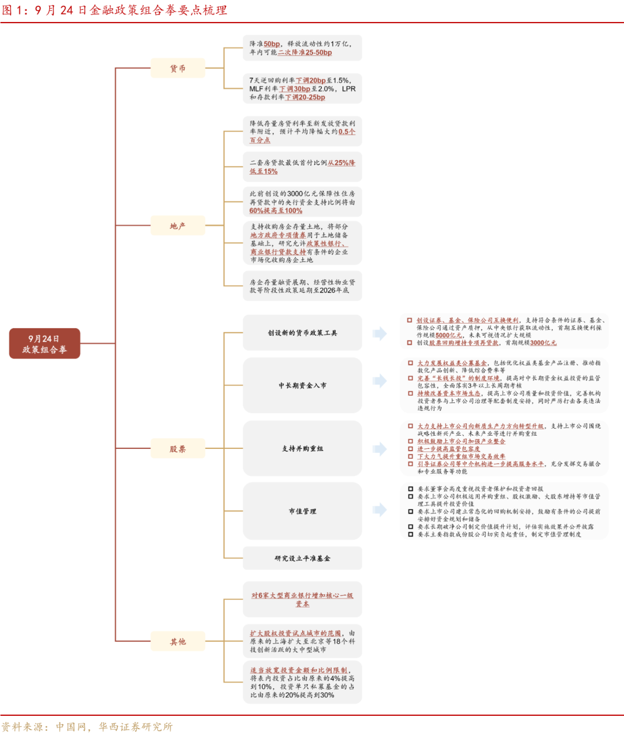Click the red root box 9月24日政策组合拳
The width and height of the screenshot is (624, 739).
pos(44,344)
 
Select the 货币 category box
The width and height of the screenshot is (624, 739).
pos(178,68)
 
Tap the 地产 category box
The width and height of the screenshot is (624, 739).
pos(178,225)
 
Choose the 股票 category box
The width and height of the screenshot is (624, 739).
pos(178,448)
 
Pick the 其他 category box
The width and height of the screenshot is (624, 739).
pos(178,641)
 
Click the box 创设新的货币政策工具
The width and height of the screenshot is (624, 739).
pos(302,333)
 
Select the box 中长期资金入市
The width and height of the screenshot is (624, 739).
pos(302,385)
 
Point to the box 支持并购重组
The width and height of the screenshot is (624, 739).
pos(302,448)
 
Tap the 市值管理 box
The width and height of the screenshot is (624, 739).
pos(302,511)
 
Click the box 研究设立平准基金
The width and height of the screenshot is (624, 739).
pos(302,558)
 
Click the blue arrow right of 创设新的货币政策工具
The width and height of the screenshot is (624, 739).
pos(380,333)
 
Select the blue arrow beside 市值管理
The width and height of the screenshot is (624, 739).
pos(380,510)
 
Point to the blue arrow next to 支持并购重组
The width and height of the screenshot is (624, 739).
pos(380,448)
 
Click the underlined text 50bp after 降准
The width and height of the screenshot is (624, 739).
pos(272,44)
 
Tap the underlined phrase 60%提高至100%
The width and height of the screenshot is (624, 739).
pos(276,211)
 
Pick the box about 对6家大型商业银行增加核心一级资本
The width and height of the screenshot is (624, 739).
pos(302,599)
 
